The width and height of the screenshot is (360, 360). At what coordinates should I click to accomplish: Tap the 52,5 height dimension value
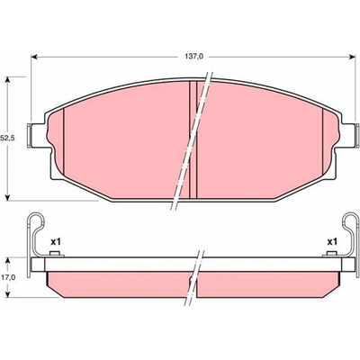pos(6,138)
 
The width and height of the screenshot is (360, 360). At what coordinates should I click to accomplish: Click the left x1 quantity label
pos(56,241)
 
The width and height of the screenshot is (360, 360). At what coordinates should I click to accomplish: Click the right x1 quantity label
pos(332,241)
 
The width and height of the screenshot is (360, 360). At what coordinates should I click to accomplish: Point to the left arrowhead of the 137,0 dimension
pos(34,57)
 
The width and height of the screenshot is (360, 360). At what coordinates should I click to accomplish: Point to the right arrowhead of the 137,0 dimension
pos(352,57)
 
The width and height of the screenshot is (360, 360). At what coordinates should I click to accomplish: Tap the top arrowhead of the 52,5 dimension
pos(8,80)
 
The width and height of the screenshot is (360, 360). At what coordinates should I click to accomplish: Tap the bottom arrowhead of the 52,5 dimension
pos(8,197)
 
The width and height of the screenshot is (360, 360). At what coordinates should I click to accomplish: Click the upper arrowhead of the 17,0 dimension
pos(8,260)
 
